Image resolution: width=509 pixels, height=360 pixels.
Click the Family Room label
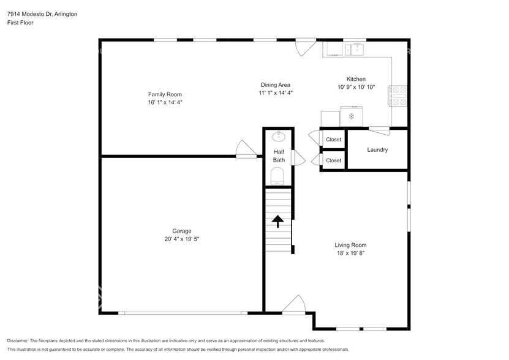coord(165,94)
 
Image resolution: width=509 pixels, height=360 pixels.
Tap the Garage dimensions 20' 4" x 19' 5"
coord(181,239)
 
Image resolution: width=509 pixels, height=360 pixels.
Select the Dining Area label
coord(275,85)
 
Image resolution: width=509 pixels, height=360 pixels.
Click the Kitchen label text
coord(356,79)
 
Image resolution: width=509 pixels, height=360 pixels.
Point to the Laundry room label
coord(377,150)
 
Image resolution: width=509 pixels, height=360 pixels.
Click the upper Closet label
coord(333,140)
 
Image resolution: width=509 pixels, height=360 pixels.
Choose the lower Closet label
coord(333,160)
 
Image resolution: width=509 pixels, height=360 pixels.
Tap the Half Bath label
coord(279,156)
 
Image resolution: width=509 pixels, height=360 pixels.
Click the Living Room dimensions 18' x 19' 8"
coord(350,253)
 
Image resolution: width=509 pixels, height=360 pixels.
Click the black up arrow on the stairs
coord(278,220)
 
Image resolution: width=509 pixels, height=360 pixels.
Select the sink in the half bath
coord(279,135)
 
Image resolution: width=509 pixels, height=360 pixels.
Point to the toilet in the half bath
coord(277,177)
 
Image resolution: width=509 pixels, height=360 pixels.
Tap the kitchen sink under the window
coord(354,48)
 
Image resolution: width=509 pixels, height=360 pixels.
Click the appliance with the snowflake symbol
coord(352,116)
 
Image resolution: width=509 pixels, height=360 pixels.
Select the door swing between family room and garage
coord(246,149)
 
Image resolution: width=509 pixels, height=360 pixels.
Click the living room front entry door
coord(295,305)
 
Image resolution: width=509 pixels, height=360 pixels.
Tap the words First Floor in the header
coord(20,23)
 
